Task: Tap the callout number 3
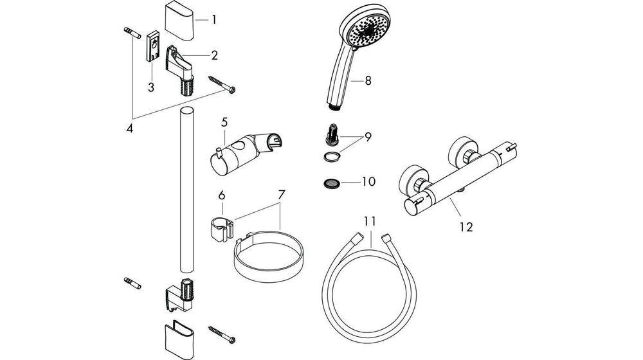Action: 150,87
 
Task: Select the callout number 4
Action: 130,128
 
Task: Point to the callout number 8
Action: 368,81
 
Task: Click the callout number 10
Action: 368,182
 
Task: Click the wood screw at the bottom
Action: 222,335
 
